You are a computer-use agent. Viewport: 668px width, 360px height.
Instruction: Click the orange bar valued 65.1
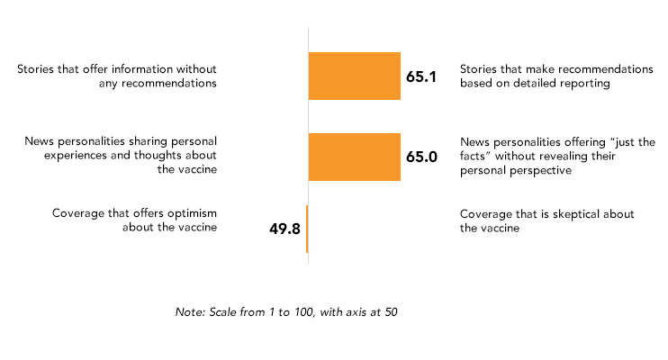[x=355, y=76]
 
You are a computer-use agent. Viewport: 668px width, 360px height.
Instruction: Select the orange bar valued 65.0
[x=355, y=157]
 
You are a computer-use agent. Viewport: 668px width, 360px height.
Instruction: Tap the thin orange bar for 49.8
[x=307, y=229]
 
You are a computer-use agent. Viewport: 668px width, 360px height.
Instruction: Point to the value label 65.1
[x=421, y=76]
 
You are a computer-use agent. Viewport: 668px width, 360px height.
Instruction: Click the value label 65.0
[x=421, y=157]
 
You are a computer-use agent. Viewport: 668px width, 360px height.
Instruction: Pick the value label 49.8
[x=284, y=229]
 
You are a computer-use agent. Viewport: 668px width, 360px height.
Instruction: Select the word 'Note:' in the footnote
[x=190, y=312]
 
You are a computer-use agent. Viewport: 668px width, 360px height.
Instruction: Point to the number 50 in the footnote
[x=391, y=312]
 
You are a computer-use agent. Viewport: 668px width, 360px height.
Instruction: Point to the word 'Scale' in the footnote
[x=222, y=312]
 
